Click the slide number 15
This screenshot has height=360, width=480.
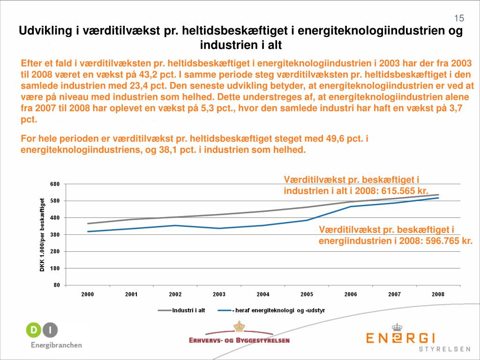click(459, 18)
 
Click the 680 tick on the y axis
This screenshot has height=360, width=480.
click(55, 184)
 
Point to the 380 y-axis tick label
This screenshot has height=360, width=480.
click(55, 234)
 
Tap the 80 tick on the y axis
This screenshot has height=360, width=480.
click(57, 285)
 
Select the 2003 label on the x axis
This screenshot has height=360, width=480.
click(219, 294)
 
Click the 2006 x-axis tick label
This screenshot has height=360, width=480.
click(350, 294)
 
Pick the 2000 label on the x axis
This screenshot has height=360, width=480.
click(88, 294)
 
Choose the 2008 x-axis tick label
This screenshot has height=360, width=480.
click(438, 294)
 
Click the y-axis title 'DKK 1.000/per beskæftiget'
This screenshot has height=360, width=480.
click(42, 234)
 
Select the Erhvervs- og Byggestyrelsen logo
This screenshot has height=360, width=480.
click(240, 335)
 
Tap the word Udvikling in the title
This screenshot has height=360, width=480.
click(45, 31)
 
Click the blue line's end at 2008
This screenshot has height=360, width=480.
click(438, 198)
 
